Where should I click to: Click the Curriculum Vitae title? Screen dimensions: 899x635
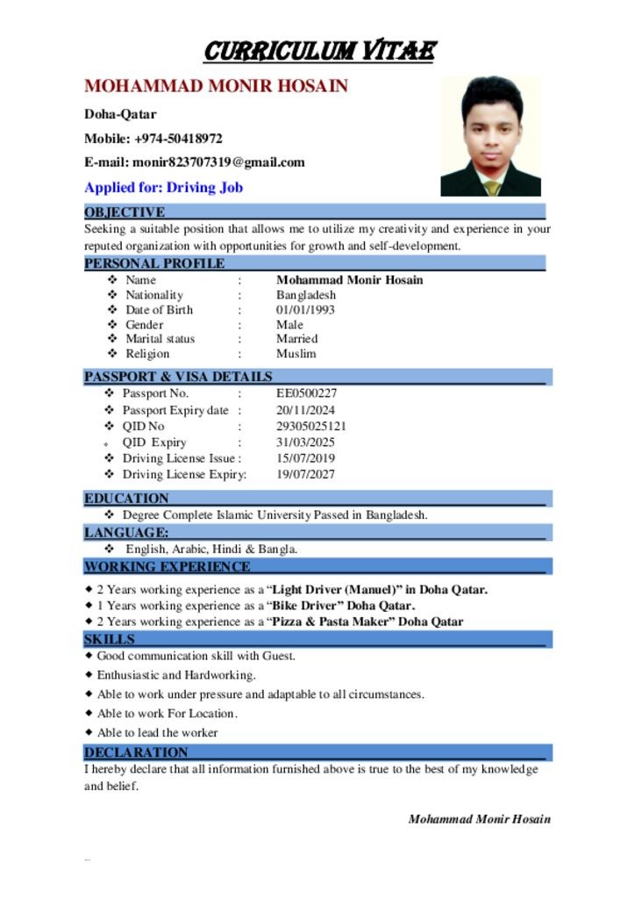point(318,51)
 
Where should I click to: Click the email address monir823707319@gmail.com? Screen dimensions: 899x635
point(218,162)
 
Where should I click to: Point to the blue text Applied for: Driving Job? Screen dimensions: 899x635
point(163,187)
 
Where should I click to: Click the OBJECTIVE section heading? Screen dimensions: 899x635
point(125,212)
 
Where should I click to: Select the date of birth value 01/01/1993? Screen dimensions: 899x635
point(305,310)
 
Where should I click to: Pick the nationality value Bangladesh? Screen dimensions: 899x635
point(306,295)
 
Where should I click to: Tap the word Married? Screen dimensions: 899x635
point(296,339)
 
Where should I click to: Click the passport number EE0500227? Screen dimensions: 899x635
point(306,393)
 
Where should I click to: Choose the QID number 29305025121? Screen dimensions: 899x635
point(311,426)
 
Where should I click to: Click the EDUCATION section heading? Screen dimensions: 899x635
point(126,499)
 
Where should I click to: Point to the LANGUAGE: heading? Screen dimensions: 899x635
point(126,533)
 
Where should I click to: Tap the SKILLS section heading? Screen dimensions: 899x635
point(110,639)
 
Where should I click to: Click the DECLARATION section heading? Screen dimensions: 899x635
point(136,752)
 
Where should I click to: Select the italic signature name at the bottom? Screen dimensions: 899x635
point(479,819)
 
